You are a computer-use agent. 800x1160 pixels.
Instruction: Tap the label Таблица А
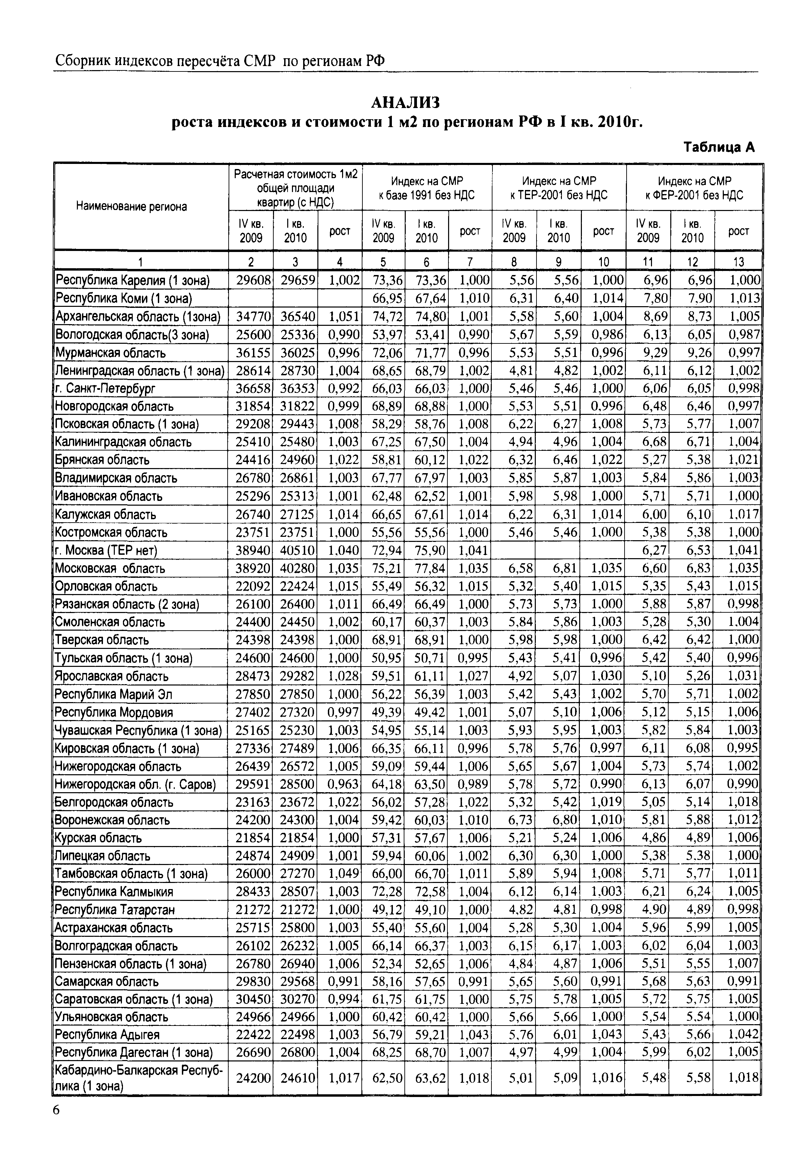pos(719,147)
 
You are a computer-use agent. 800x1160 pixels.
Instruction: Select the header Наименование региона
pos(131,207)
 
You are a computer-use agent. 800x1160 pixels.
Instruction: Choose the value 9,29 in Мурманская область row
pos(654,353)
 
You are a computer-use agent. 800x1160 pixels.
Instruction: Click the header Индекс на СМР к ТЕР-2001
pos(559,188)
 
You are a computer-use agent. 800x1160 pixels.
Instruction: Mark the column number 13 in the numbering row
pos(738,262)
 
